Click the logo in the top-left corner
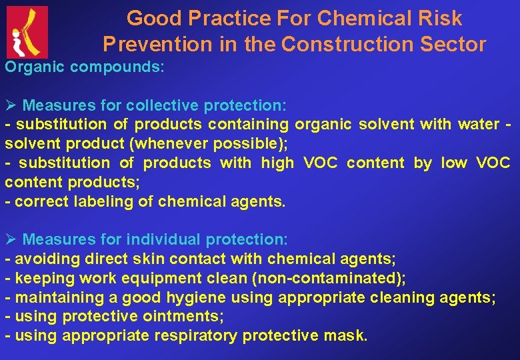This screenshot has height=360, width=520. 27,31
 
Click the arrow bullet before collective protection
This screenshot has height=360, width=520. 11,105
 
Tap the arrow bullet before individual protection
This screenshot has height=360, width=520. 11,239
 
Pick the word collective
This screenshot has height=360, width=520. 162,105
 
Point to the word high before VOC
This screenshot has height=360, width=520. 277,163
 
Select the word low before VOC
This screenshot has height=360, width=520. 453,163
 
